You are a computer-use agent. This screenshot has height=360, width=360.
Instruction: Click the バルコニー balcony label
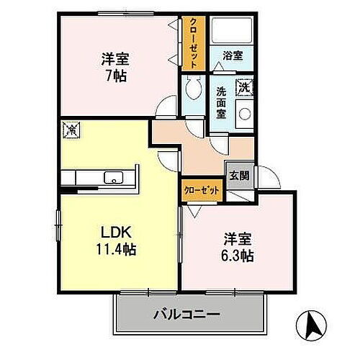click(x=186, y=315)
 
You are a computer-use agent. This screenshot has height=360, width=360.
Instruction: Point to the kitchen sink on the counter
click(x=114, y=178)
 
